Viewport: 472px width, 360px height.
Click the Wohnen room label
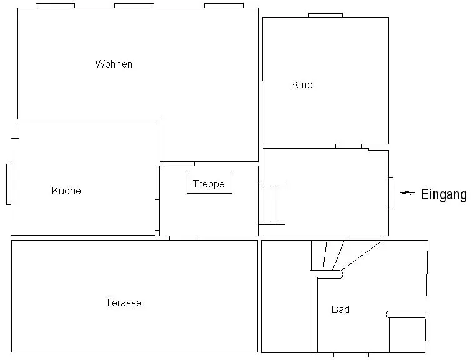pos(114,64)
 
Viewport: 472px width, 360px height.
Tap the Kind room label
pos(302,84)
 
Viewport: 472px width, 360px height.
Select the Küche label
pos(66,191)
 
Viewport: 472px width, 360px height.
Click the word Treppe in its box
pos(209,184)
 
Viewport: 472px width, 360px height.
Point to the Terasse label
pos(123,302)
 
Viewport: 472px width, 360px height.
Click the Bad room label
pos(340,309)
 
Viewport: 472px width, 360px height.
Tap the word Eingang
pos(443,194)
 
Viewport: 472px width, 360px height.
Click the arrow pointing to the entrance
pos(407,193)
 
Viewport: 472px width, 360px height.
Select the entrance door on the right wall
pos(391,193)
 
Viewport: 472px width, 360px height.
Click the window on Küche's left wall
pos(8,184)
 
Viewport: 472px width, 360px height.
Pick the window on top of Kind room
pos(325,15)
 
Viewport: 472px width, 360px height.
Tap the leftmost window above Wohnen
pos(55,5)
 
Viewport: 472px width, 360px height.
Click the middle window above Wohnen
pos(134,5)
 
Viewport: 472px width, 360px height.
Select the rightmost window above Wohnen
pos(224,5)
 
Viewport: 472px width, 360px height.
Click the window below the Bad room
pos(351,355)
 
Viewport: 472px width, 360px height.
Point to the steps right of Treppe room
pos(273,204)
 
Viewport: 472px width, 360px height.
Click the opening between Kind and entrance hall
pos(348,146)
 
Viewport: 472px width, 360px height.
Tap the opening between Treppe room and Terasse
pos(184,238)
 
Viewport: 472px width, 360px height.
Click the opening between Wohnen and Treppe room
pos(179,164)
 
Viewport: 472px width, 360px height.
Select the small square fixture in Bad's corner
pos(406,334)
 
